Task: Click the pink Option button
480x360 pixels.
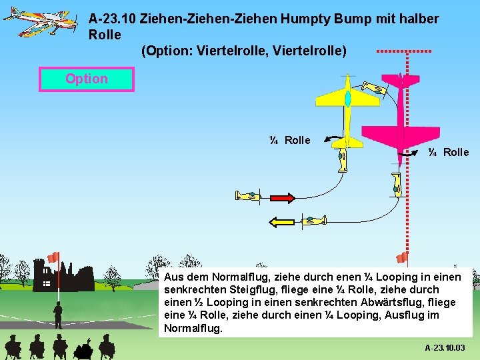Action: (87, 79)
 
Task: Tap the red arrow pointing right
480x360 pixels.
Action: (283, 197)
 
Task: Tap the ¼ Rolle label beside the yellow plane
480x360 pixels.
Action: (289, 140)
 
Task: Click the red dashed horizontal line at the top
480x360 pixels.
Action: (403, 51)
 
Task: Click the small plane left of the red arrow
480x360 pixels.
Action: (247, 196)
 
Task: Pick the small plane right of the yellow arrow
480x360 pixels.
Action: (314, 220)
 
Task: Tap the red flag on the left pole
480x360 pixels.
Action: (53, 257)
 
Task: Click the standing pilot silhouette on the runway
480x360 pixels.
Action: (59, 314)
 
